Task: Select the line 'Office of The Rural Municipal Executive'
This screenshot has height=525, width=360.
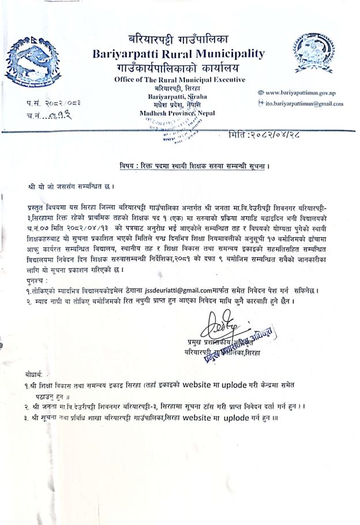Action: point(180,79)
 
